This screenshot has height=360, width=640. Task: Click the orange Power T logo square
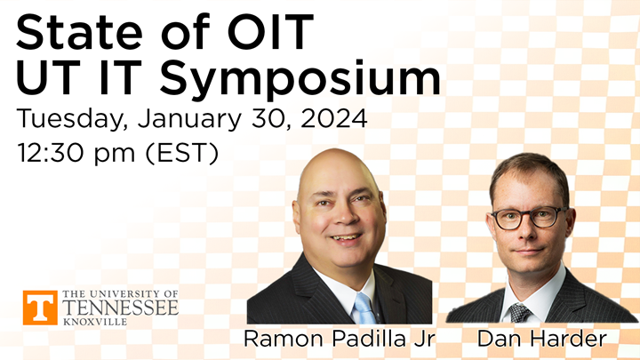click(x=40, y=308)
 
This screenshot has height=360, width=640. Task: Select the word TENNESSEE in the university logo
click(x=120, y=308)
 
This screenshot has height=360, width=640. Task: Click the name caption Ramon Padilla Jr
click(x=338, y=339)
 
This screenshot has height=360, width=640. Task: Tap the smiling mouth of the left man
click(x=345, y=239)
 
